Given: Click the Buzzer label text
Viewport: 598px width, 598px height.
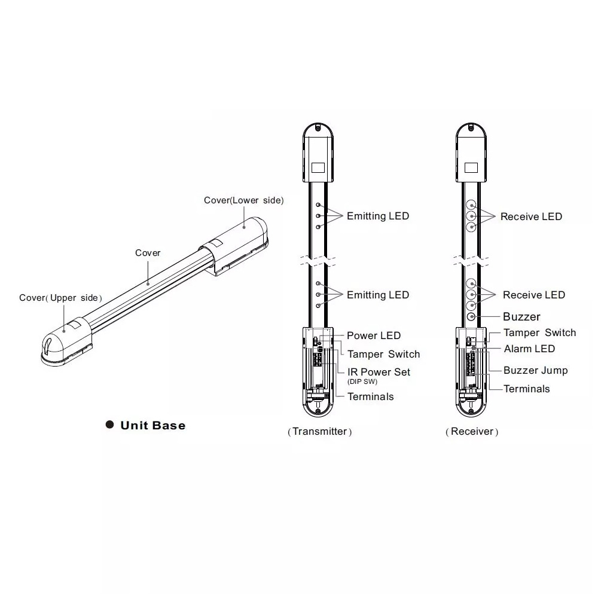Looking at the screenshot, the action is coord(521,316).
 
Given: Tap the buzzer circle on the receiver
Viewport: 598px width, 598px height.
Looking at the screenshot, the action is coord(471,316).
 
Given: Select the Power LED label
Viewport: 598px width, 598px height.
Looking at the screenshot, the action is coord(374,335).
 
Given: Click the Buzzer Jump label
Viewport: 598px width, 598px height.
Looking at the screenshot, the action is coord(535,370).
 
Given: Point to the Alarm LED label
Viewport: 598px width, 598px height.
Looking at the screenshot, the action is coord(529,349).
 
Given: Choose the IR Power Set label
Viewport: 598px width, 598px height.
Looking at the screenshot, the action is coord(379,372).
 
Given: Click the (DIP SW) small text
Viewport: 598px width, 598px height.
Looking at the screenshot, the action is coord(362,382).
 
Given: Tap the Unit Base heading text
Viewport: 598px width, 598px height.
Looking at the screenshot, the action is coord(153,426).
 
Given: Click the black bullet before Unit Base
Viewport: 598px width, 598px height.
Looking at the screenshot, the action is coord(110,425).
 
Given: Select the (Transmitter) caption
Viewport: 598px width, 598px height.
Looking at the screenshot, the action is coord(319,431).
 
